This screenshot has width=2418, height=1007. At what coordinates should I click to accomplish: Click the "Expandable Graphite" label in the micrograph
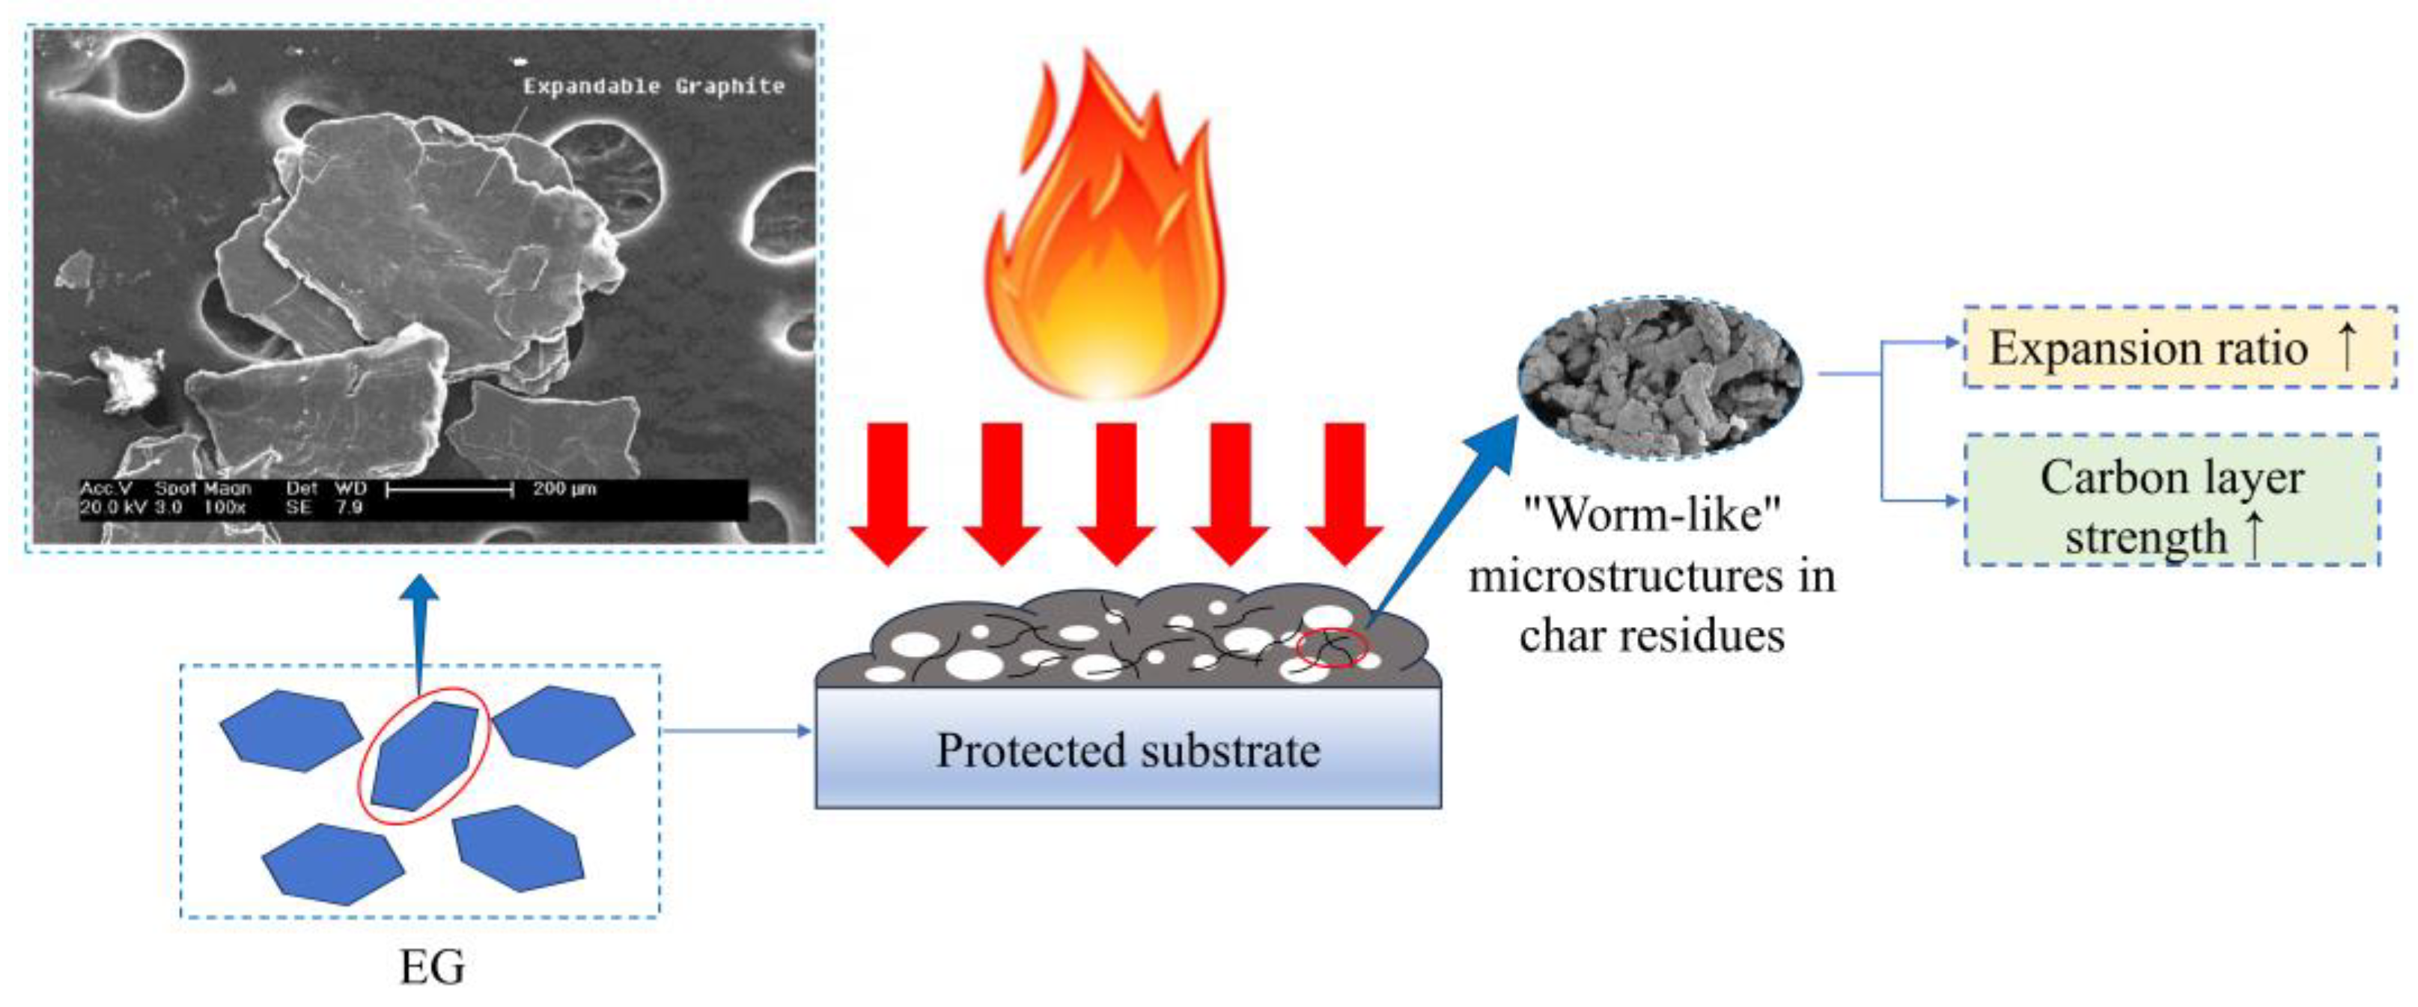(654, 86)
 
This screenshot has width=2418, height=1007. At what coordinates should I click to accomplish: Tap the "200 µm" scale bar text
(564, 489)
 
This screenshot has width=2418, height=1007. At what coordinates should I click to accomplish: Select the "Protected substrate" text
(1128, 751)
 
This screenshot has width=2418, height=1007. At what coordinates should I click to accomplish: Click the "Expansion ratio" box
(2180, 348)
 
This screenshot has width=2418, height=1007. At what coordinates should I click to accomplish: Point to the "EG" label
(432, 967)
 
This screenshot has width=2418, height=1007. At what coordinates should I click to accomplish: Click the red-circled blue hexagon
(425, 756)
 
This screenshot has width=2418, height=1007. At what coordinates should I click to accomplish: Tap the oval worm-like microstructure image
(1660, 377)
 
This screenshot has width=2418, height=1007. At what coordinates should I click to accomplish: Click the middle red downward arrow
(1116, 493)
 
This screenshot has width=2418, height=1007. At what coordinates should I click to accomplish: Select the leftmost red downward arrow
(887, 493)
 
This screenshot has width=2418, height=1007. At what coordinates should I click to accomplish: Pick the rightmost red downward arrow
(1345, 493)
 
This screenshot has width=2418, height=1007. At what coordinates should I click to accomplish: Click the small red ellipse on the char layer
(1332, 648)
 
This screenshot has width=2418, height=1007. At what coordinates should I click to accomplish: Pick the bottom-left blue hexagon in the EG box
(333, 863)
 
